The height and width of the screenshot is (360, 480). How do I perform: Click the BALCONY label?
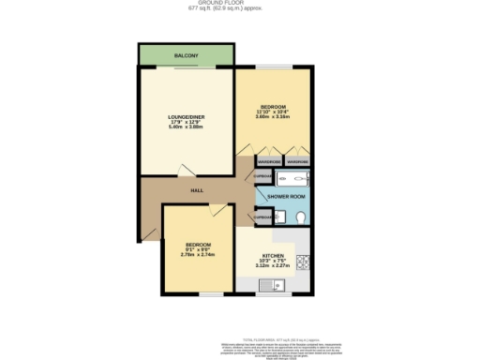(187, 56)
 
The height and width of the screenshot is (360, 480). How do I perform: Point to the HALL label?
(197, 190)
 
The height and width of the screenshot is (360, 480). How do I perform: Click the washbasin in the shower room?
(279, 217)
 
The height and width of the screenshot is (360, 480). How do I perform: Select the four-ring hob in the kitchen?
(303, 262)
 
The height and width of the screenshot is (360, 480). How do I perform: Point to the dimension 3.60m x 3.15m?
(273, 119)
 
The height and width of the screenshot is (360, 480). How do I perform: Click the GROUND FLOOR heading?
(240, 4)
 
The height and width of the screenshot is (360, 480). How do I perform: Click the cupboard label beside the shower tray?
(262, 176)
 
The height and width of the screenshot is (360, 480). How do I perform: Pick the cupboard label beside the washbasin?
(262, 217)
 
